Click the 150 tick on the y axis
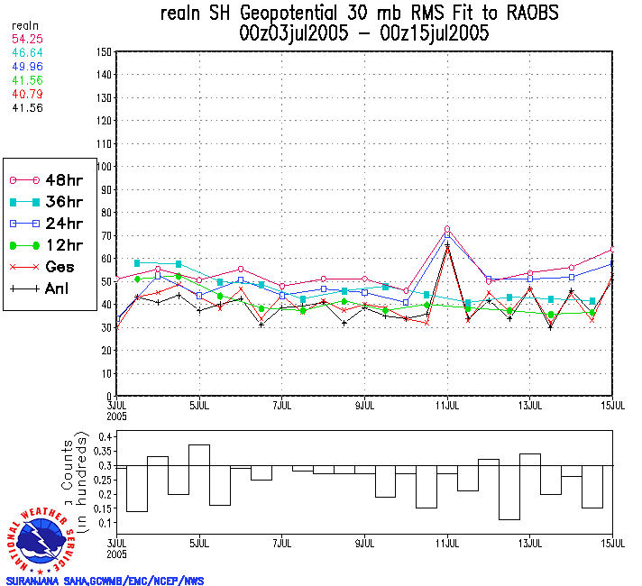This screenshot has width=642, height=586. click(x=102, y=51)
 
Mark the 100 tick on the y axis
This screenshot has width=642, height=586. click(x=102, y=166)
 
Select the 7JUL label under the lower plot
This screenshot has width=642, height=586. click(x=282, y=544)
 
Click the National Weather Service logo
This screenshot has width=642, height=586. click(x=41, y=537)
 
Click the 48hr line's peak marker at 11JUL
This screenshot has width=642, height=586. click(x=447, y=229)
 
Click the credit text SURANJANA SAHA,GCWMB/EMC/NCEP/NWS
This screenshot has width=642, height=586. click(x=105, y=581)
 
